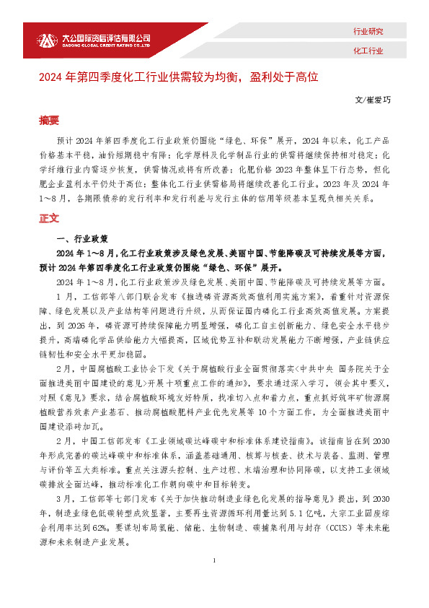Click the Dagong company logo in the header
[45, 40]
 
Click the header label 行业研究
[368, 32]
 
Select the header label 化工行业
[368, 51]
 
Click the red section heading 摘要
[49, 120]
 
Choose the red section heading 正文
[49, 217]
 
